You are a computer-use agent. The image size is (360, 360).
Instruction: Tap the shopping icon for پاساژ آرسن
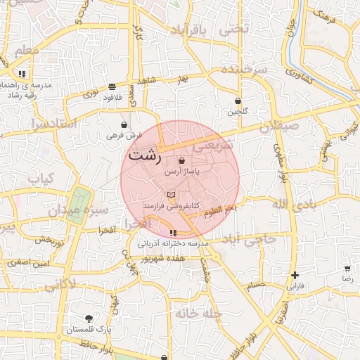(x=182, y=161)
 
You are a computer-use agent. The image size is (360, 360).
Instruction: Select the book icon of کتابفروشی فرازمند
(x=172, y=195)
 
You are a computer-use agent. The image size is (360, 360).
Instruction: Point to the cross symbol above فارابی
(x=295, y=275)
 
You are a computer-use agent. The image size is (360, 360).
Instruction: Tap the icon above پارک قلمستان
(x=89, y=319)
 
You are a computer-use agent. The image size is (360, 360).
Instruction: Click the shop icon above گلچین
(x=238, y=101)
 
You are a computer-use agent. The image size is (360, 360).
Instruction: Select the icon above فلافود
(x=112, y=86)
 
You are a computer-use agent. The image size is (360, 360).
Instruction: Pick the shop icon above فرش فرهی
(x=124, y=124)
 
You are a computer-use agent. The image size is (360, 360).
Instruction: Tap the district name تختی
(x=234, y=30)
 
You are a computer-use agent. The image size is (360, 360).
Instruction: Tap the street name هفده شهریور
(x=162, y=259)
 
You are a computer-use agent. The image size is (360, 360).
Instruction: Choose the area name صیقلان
(x=279, y=127)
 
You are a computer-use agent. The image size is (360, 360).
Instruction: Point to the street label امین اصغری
(x=29, y=262)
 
